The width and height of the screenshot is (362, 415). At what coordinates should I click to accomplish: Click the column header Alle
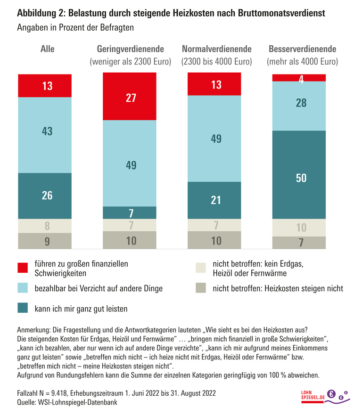pos(47,49)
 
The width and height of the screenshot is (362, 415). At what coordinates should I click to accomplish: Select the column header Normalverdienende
pos(217,49)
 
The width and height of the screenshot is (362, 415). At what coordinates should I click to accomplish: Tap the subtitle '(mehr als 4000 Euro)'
pos(302,62)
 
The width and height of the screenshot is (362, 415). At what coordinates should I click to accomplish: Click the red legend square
pos(23,268)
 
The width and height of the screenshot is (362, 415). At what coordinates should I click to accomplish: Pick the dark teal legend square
pos(23,309)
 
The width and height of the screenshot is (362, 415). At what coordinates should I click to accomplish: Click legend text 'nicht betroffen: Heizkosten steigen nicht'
pos(278,288)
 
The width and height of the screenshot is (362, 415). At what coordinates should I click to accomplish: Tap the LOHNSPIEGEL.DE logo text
pos(313,397)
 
